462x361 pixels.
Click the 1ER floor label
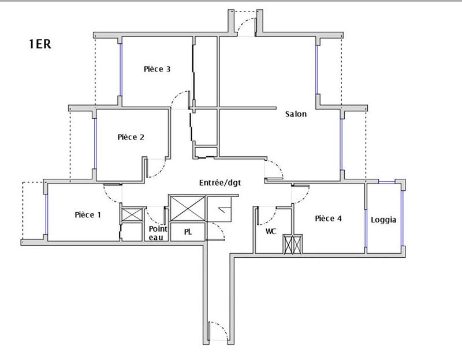click(40, 45)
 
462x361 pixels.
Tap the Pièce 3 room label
click(157, 69)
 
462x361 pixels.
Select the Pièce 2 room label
click(131, 137)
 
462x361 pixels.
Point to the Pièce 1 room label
click(88, 215)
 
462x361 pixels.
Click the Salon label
click(296, 114)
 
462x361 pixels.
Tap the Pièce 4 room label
click(328, 219)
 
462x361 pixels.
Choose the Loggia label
click(383, 220)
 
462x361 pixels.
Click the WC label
click(270, 231)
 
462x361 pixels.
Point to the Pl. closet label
click(188, 232)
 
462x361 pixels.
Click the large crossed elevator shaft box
click(187, 208)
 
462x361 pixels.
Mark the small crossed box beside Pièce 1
click(131, 215)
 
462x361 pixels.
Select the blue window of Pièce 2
click(95, 144)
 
